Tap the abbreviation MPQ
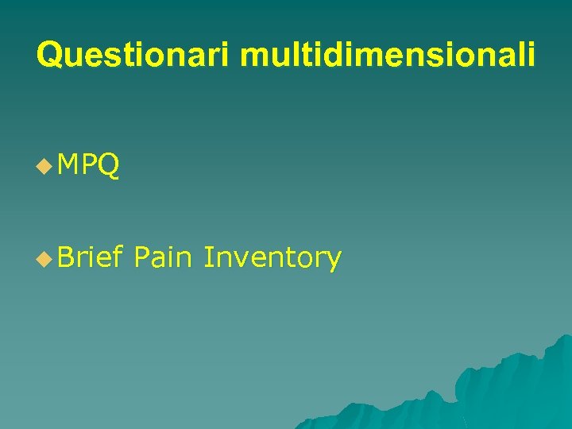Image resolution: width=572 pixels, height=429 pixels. tap(89, 165)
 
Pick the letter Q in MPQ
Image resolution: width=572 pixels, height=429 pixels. tap(109, 166)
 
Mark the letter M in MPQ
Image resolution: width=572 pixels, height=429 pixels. tap(70, 165)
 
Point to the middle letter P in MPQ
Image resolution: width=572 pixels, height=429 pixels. tap(91, 165)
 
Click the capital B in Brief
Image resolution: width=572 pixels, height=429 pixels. tap(66, 257)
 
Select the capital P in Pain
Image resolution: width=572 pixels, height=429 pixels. tap(143, 257)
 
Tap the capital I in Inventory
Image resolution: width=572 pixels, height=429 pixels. tap(207, 257)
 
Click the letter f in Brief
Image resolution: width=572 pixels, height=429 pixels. tap(118, 256)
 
